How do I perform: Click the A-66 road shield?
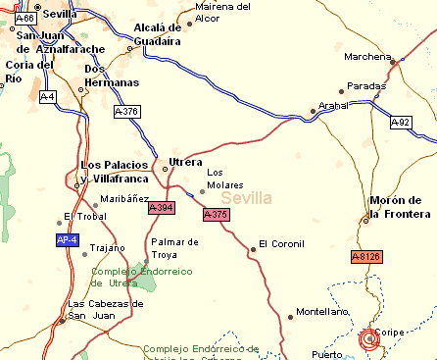26,18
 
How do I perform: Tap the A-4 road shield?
48,97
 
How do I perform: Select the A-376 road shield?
126,112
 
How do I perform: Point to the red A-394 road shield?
161,207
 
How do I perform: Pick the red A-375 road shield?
216,214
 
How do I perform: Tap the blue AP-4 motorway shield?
67,239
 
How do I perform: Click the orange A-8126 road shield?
365,256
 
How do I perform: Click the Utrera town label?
186,161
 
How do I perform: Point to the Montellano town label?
323,311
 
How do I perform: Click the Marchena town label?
367,55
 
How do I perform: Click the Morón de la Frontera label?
400,207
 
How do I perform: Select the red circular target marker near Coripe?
369,339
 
